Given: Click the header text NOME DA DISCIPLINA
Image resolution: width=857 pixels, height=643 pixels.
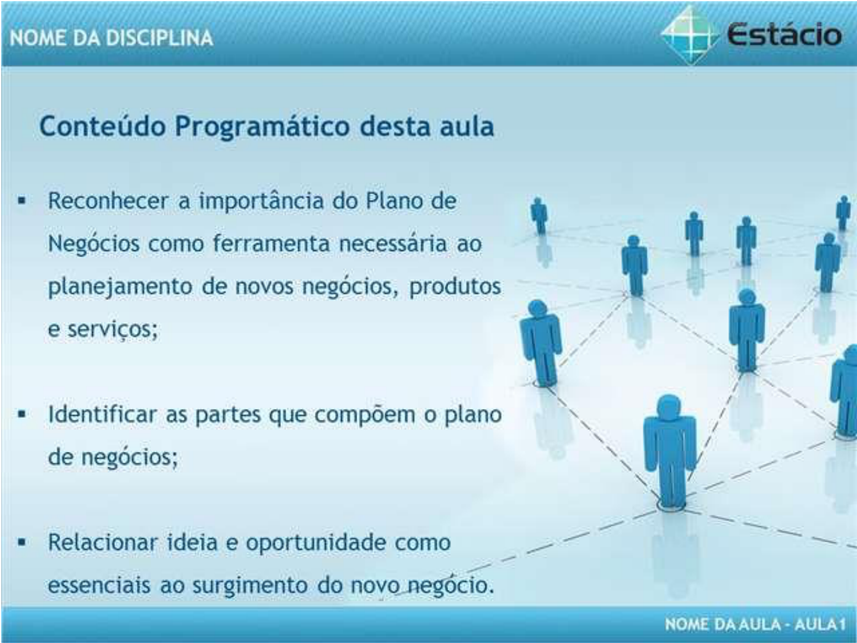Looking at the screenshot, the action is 112,38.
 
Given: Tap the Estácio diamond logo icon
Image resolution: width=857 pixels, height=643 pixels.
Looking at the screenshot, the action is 690,35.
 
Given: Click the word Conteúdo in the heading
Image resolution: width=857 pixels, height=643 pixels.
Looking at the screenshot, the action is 103,126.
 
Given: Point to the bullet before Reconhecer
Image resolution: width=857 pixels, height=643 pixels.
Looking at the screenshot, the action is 22,201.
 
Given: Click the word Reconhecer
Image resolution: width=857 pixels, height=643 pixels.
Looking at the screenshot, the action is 108,201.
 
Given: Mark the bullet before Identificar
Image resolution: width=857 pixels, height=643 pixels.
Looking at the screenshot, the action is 22,414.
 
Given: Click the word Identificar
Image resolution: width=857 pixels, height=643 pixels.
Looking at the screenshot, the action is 102,414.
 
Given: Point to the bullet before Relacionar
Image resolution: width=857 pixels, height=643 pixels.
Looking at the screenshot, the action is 22,542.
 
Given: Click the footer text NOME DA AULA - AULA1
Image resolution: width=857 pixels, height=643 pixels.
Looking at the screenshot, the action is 755,624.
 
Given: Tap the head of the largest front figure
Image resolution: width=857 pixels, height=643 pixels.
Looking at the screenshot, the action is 669,407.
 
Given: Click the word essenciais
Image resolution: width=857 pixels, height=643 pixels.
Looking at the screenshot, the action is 99,586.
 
